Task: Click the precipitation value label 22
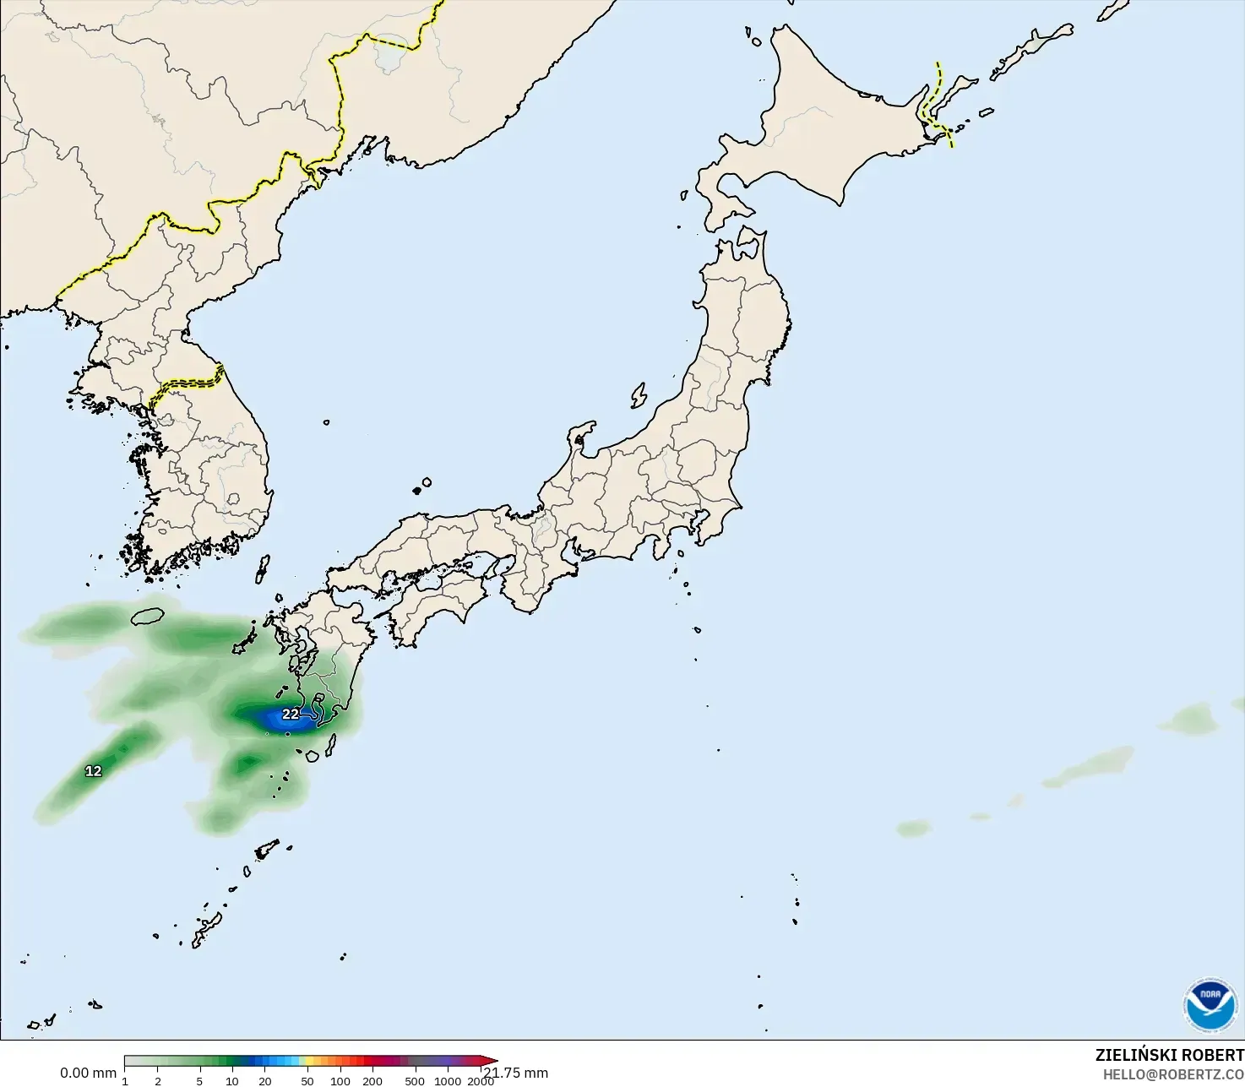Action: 291,715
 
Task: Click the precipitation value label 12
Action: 93,771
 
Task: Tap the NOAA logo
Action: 1210,1005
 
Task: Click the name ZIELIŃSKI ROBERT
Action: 1169,1055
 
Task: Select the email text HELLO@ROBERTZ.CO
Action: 1173,1073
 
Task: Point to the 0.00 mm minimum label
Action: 88,1073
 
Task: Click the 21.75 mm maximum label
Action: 517,1073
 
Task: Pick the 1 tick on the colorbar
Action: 125,1081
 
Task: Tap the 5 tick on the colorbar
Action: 199,1081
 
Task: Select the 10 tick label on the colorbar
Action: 232,1081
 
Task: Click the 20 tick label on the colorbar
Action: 265,1081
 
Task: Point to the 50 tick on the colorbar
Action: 307,1081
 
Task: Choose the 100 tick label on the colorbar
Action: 340,1081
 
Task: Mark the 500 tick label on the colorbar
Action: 415,1081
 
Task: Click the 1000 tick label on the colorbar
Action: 448,1081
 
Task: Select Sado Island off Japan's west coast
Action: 639,395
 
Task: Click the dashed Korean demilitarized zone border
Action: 188,383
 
